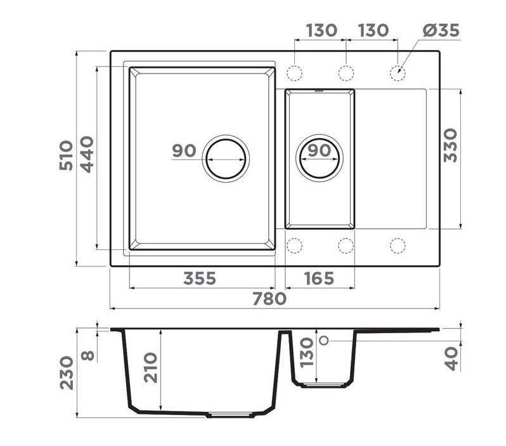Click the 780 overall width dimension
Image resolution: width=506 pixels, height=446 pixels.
(269, 299)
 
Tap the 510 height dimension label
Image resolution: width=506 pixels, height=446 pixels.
(66, 155)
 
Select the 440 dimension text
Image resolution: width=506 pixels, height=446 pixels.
(87, 155)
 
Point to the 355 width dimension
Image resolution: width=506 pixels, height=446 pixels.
(200, 279)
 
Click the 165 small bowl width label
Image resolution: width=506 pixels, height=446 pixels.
(319, 279)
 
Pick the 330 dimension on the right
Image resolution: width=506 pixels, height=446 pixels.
(450, 146)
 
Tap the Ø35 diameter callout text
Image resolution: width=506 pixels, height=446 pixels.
(441, 30)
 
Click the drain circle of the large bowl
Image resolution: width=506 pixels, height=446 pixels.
(226, 159)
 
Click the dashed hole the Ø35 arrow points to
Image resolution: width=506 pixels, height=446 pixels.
(398, 74)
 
